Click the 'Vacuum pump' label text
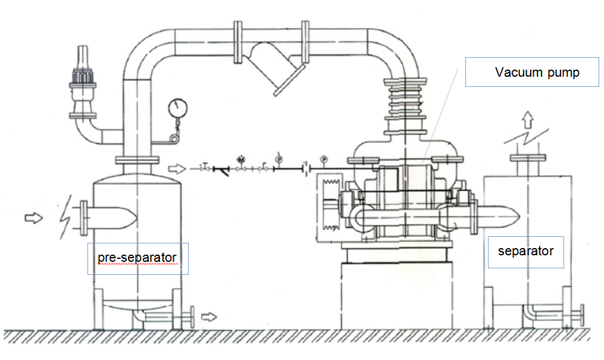click(x=537, y=73)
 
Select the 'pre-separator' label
click(x=137, y=258)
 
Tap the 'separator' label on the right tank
click(x=525, y=251)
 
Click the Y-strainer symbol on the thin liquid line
click(x=221, y=170)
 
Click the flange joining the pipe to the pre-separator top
click(x=137, y=159)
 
